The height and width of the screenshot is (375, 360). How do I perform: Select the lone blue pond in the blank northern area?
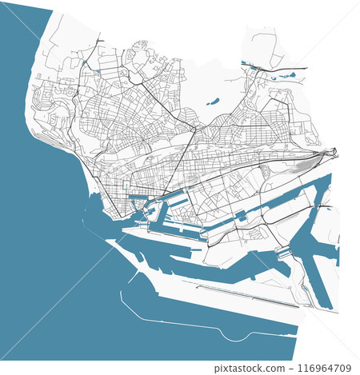(213, 102)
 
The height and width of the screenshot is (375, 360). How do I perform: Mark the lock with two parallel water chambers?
(282, 251)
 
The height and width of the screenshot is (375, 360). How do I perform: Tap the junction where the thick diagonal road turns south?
(194, 127)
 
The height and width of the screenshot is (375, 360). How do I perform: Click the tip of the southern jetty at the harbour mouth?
(120, 239)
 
